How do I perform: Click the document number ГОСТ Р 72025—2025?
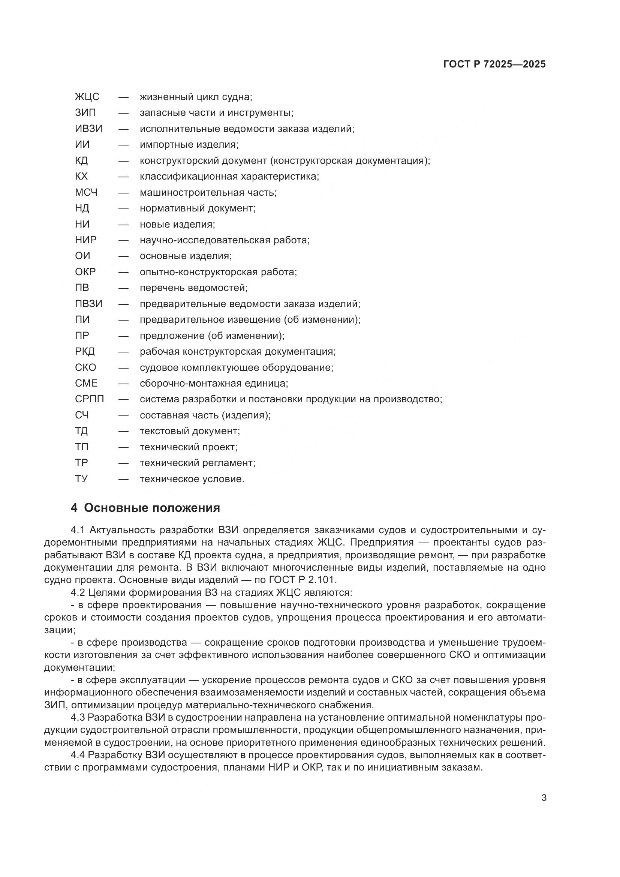pos(494,64)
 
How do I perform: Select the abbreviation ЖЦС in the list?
pos(87,97)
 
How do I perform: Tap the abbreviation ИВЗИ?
pos(88,129)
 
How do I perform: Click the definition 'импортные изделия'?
pos(189,145)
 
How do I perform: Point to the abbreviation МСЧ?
pos(86,192)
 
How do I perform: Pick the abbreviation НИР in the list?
pos(86,240)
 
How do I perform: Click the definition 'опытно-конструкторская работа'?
pos(218,272)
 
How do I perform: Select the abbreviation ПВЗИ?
pos(88,304)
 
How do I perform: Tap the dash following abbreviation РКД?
pos(123,351)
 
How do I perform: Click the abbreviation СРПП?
pos(89,399)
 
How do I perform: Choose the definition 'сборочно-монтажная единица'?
pos(214,383)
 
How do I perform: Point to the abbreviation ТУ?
pos(81,479)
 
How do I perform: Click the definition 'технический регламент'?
pos(198,463)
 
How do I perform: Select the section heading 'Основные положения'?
pos(151,508)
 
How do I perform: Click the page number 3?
pos(544,798)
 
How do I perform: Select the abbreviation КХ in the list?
pos(81,177)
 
